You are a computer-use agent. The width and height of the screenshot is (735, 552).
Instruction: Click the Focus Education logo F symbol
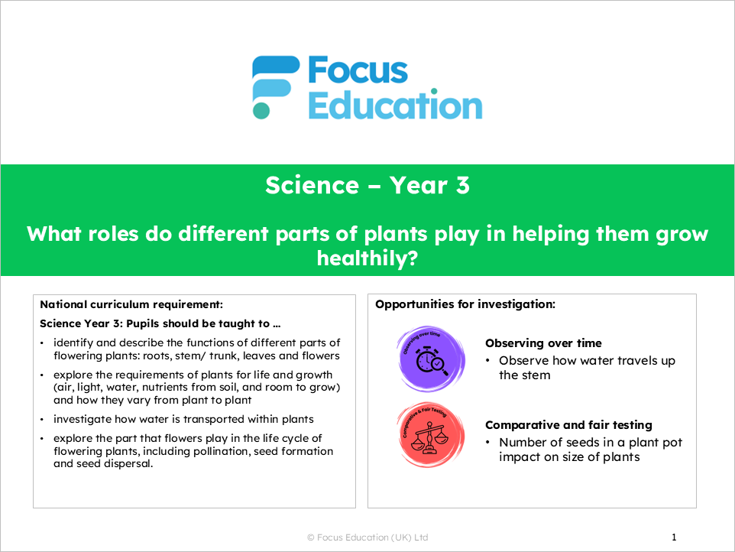[274, 86]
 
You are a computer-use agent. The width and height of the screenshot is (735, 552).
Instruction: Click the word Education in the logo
[395, 105]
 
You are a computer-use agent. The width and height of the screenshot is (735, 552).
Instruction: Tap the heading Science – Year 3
[367, 185]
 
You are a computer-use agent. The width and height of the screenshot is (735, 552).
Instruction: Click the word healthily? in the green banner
[367, 259]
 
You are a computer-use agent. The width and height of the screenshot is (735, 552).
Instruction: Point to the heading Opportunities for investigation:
[465, 304]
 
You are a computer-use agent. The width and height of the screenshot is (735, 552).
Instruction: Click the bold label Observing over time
[543, 343]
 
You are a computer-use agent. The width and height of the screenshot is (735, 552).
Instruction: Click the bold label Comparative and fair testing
[568, 425]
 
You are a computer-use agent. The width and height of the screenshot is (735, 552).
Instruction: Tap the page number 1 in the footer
[674, 537]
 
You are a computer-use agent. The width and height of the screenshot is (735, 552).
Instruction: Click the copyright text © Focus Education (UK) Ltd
[367, 537]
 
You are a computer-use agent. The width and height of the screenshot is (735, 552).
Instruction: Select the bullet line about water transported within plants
[183, 419]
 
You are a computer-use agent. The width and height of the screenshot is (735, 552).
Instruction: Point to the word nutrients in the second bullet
[180, 387]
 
